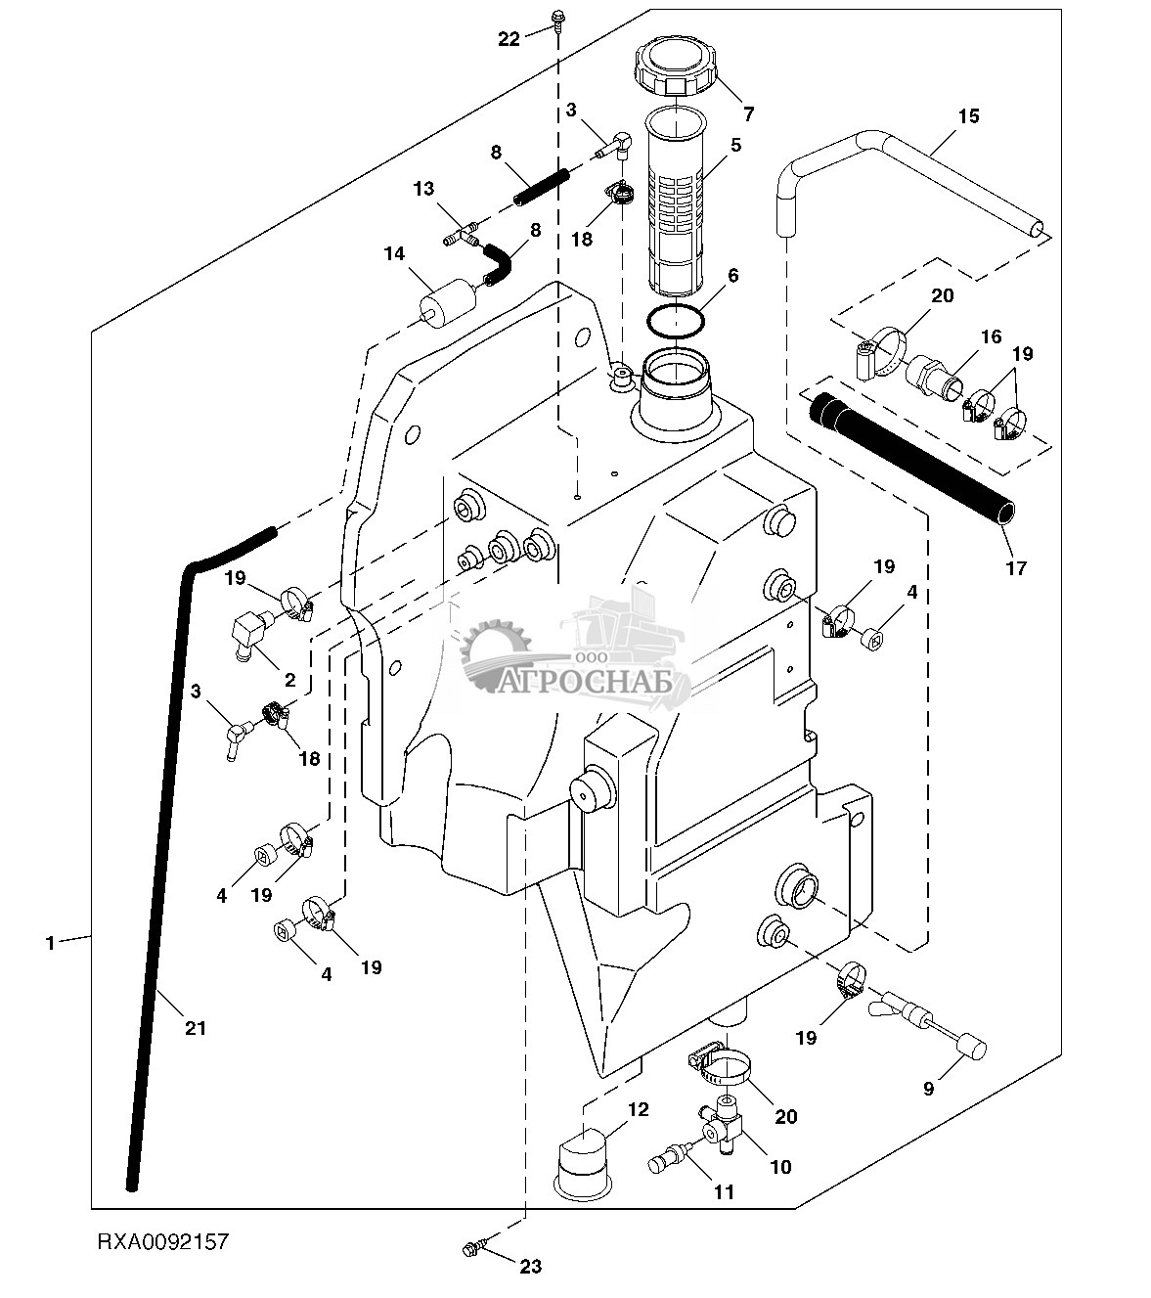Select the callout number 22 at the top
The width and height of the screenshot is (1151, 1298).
[x=509, y=39]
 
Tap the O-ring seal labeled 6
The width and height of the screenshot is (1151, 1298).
[x=676, y=320]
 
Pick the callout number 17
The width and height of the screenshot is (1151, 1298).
[x=1017, y=567]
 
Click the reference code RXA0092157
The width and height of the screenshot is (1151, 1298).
[x=162, y=1242]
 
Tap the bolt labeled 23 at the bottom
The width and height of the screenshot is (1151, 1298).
[x=472, y=1248]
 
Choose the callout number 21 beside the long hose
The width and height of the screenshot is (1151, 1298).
[x=196, y=1028]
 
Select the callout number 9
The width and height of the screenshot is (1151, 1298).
[x=929, y=1088]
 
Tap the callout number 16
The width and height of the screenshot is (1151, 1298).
[x=992, y=336]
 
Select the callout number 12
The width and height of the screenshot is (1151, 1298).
[x=638, y=1110]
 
